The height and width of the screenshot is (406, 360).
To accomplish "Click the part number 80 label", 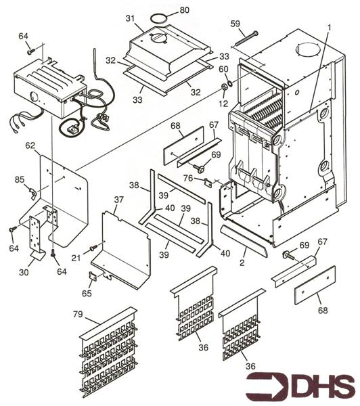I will click(185, 10).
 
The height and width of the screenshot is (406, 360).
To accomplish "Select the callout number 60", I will click(223, 70).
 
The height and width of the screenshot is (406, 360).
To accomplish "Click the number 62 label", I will click(30, 145).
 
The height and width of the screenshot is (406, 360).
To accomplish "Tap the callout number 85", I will click(20, 179).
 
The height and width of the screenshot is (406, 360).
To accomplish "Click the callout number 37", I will click(119, 200).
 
